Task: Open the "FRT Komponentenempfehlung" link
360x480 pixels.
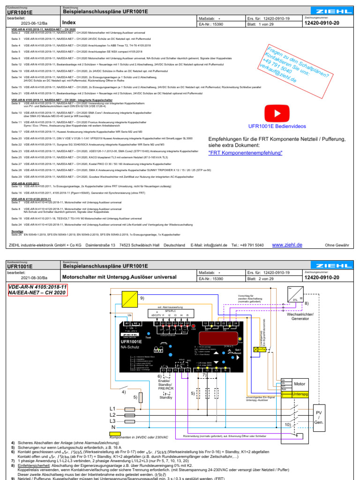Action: pos(246,153)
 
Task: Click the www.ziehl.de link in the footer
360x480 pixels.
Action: pos(287,245)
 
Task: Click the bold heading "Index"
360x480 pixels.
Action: pos(69,22)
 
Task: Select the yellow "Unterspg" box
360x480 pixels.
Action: pos(300,395)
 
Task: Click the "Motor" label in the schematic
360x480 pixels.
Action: pos(300,384)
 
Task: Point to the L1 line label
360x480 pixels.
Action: pos(112,408)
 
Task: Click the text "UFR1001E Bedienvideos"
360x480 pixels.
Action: pos(276,127)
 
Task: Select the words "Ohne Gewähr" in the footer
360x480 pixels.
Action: pos(337,245)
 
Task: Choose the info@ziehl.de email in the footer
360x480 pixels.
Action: pos(216,245)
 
